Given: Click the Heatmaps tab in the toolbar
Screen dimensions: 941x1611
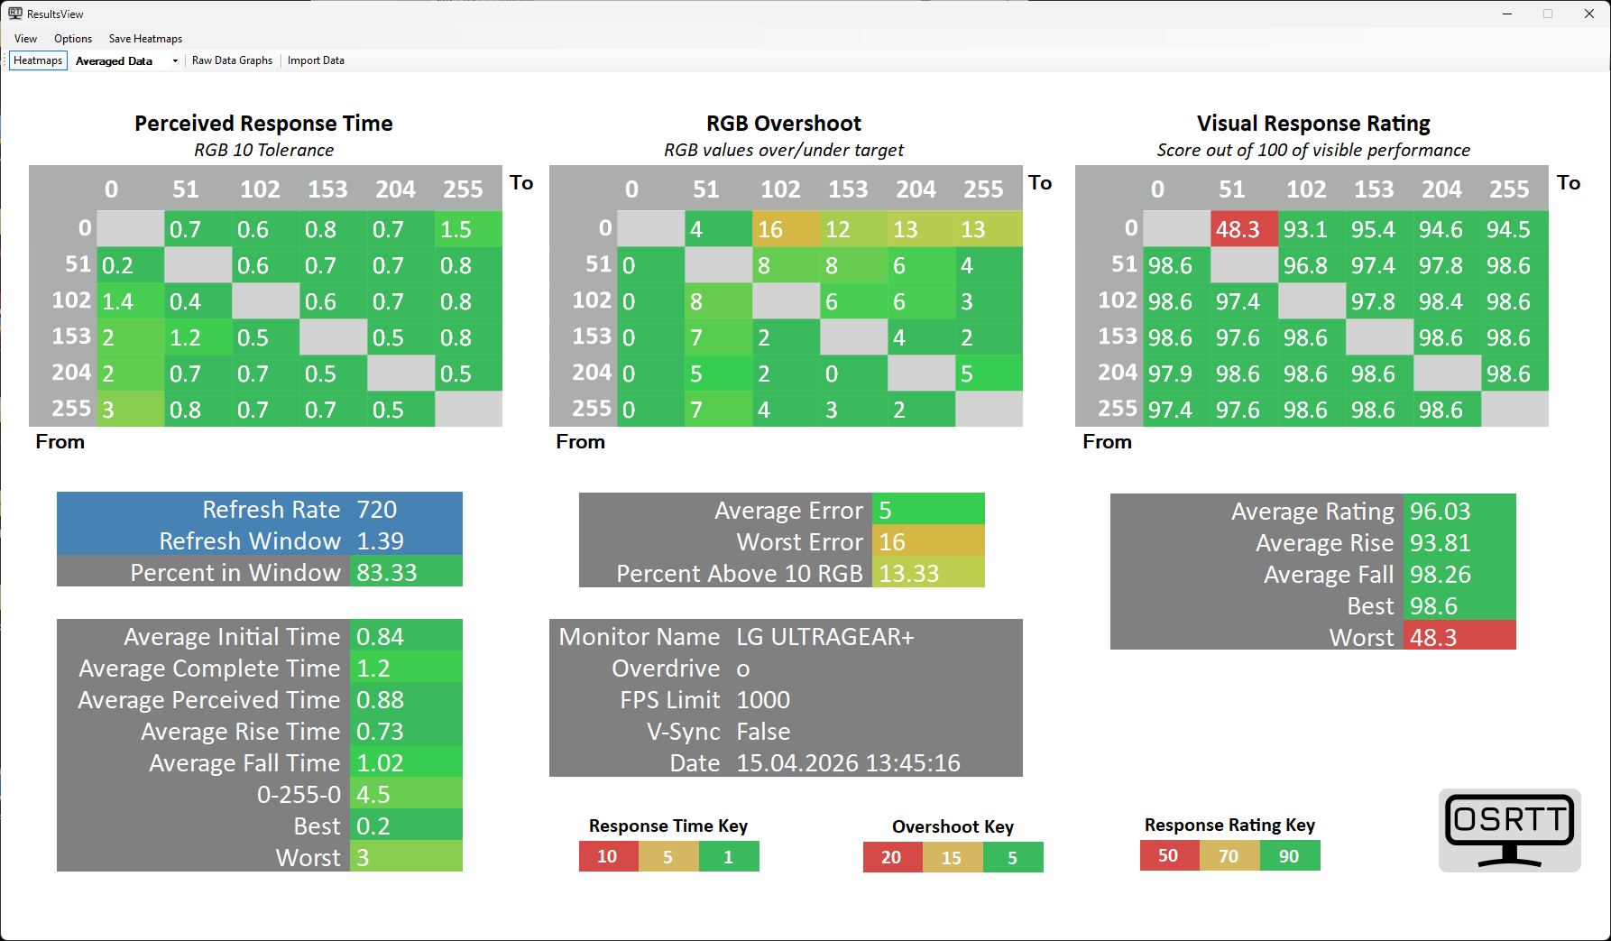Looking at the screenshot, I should point(38,60).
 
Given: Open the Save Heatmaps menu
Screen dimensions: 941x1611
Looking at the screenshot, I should point(145,39).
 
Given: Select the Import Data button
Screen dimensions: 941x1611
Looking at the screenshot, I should point(316,60).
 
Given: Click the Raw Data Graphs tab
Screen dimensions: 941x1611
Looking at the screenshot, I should point(232,60).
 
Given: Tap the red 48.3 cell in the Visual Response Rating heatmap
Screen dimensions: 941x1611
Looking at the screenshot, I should point(1244,229).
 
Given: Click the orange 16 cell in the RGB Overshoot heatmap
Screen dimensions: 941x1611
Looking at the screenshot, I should point(786,229).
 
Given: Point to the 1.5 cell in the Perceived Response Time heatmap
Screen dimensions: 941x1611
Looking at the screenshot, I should point(468,229).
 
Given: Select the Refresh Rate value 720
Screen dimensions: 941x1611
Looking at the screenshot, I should point(377,510).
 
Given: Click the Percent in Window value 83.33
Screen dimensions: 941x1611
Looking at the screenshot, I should point(387,573).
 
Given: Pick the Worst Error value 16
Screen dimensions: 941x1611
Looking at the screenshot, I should point(927,542).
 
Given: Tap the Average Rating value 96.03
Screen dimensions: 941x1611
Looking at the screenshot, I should point(1441,512).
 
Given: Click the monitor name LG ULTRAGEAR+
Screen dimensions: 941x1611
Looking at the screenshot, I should point(825,637).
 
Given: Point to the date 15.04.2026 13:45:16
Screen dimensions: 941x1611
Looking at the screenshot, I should point(848,763).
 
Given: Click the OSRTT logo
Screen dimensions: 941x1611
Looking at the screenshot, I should point(1509,830).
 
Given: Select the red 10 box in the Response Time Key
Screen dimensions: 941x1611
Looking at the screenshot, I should point(608,856).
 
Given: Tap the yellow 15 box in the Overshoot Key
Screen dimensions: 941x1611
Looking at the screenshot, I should point(952,857).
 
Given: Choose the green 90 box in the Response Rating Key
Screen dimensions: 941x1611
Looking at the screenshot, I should point(1289,855).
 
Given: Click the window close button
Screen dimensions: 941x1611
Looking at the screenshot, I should point(1589,14).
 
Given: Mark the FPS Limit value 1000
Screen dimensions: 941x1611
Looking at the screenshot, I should point(763,700).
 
